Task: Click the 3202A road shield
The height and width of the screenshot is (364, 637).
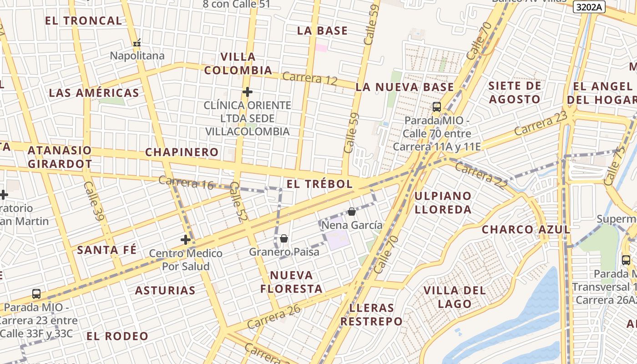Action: pos(589,7)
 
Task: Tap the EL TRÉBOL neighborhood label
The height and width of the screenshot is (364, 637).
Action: pos(319,184)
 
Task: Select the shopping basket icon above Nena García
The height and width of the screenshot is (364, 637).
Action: pos(351,212)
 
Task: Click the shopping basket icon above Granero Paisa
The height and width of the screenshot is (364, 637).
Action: pos(284,238)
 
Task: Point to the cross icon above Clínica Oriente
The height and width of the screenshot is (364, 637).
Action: pos(248,92)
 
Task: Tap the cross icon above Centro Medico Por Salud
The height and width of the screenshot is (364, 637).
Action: pos(186,240)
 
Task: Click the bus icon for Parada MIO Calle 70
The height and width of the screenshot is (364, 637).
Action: pos(437,107)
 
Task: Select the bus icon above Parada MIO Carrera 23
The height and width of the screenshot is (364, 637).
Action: pos(36,294)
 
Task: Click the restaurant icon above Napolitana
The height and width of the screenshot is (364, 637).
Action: pos(137,44)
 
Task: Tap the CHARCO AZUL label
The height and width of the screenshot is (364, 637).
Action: pos(526,229)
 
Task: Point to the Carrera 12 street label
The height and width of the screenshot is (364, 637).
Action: pos(310,78)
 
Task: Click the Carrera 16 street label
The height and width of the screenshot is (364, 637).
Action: pos(186,182)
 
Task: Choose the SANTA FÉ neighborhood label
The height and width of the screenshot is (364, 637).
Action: pos(106,250)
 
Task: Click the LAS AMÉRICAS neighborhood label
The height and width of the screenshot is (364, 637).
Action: pos(94,93)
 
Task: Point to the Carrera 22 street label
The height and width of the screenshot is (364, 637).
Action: pos(481,175)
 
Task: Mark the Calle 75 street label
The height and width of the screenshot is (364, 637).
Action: pos(612,167)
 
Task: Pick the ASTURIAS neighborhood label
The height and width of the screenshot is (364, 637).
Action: pos(165,290)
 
